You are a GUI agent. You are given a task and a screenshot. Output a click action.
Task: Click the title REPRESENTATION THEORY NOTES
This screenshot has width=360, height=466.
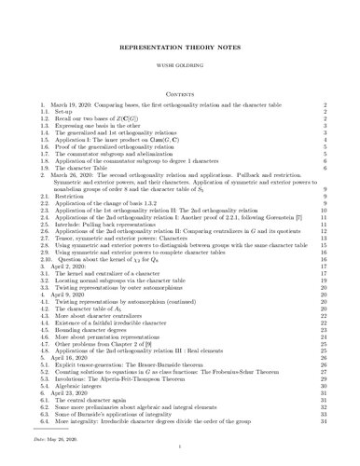click(x=180, y=45)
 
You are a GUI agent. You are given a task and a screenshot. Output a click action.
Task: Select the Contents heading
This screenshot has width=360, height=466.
click(x=180, y=93)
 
